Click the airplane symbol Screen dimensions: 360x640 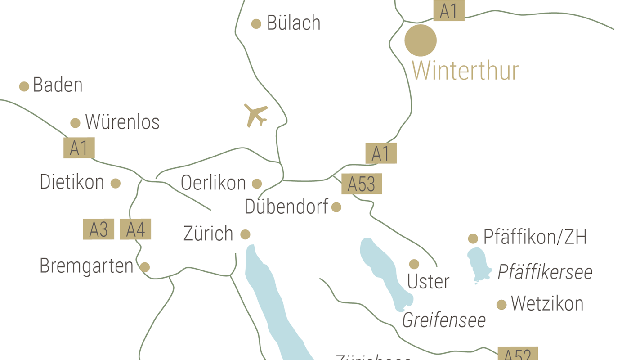click(x=255, y=115)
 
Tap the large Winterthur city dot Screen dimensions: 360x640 click(x=421, y=40)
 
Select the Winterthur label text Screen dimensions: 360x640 click(x=465, y=71)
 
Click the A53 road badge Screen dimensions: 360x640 click(x=362, y=184)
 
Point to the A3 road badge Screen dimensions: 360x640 click(x=98, y=229)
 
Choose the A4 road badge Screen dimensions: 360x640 click(x=135, y=229)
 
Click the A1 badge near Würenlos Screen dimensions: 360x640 click(x=79, y=148)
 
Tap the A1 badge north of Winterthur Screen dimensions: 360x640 click(x=448, y=11)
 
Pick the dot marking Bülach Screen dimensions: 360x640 click(x=256, y=24)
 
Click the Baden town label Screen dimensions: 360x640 click(x=58, y=85)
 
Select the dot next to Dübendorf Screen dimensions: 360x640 click(x=336, y=207)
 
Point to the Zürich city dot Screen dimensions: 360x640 click(x=245, y=234)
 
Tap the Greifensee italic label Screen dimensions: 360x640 click(x=444, y=320)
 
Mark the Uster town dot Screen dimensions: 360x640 click(x=414, y=264)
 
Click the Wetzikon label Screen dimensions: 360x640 click(x=547, y=304)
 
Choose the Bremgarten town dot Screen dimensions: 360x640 click(x=145, y=267)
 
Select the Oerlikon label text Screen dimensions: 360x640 click(x=213, y=183)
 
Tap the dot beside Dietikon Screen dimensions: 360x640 click(x=116, y=183)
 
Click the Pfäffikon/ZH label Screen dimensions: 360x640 click(x=535, y=237)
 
